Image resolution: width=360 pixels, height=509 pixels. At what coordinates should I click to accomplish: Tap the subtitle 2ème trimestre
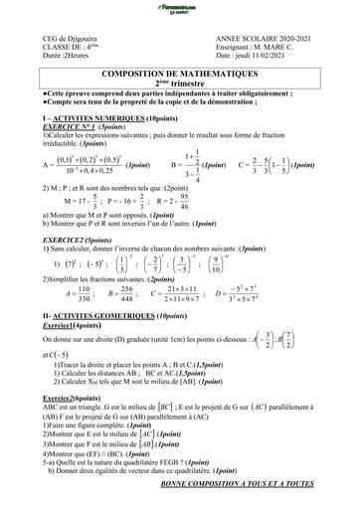[x=179, y=84]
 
